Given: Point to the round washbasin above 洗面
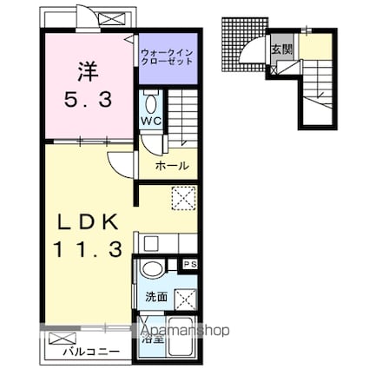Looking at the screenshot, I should click(152, 269).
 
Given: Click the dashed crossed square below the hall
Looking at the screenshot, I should click(183, 199).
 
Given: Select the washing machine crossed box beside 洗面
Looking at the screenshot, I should click(186, 300).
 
